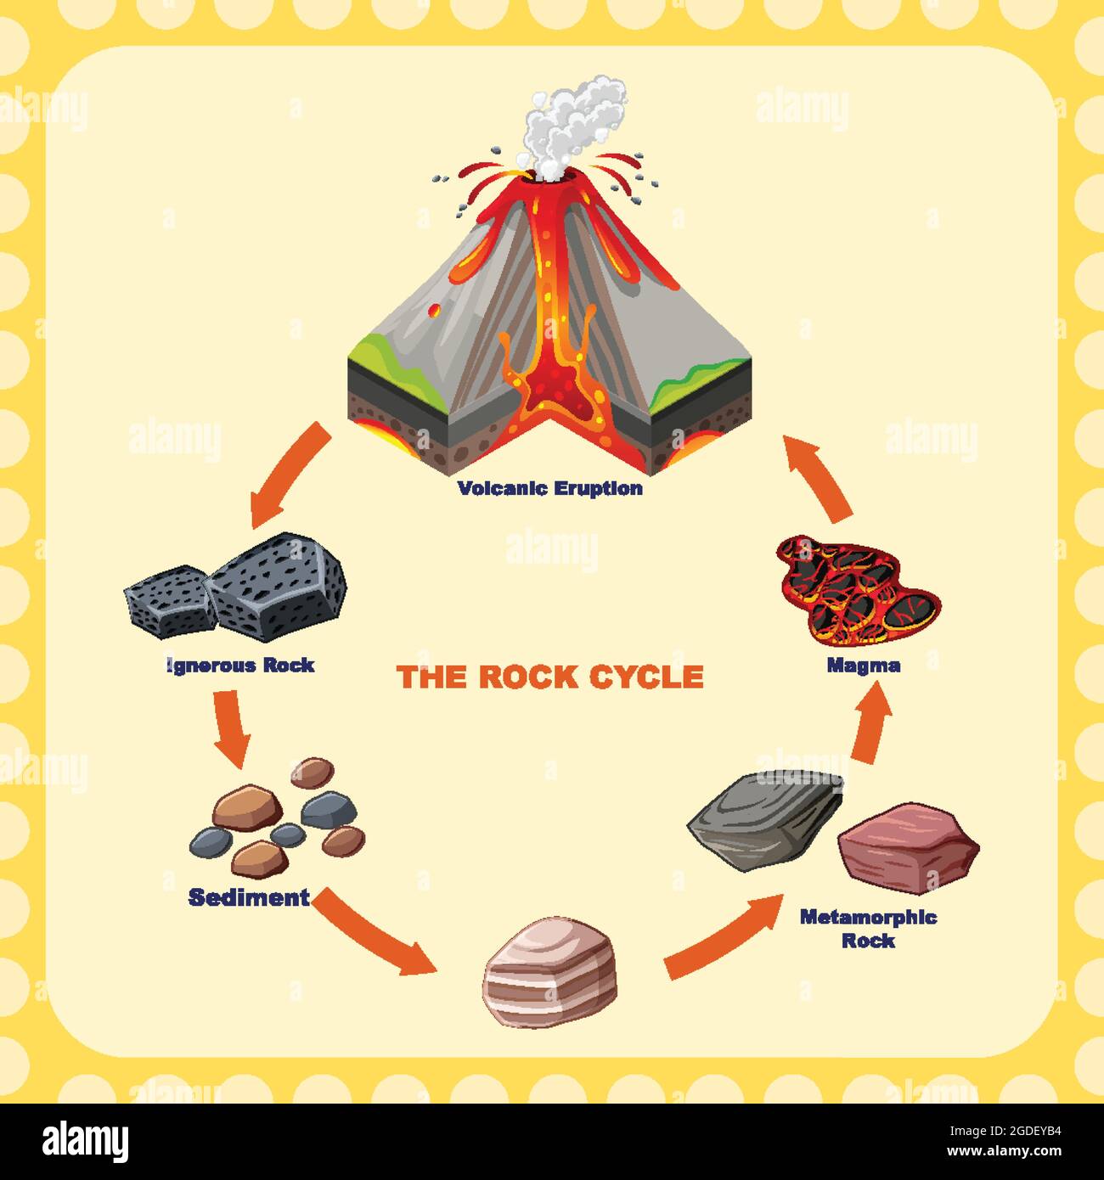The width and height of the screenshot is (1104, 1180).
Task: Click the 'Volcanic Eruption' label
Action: (550, 488)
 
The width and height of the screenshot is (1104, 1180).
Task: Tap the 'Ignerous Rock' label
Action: (241, 666)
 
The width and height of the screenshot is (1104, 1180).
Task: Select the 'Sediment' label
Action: (249, 897)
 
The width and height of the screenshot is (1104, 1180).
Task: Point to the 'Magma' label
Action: (864, 666)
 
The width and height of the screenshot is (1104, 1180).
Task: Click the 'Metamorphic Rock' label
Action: (868, 928)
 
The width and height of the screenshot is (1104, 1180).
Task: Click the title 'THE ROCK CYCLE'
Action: (550, 677)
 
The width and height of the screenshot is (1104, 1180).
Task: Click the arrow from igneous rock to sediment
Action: (232, 726)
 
